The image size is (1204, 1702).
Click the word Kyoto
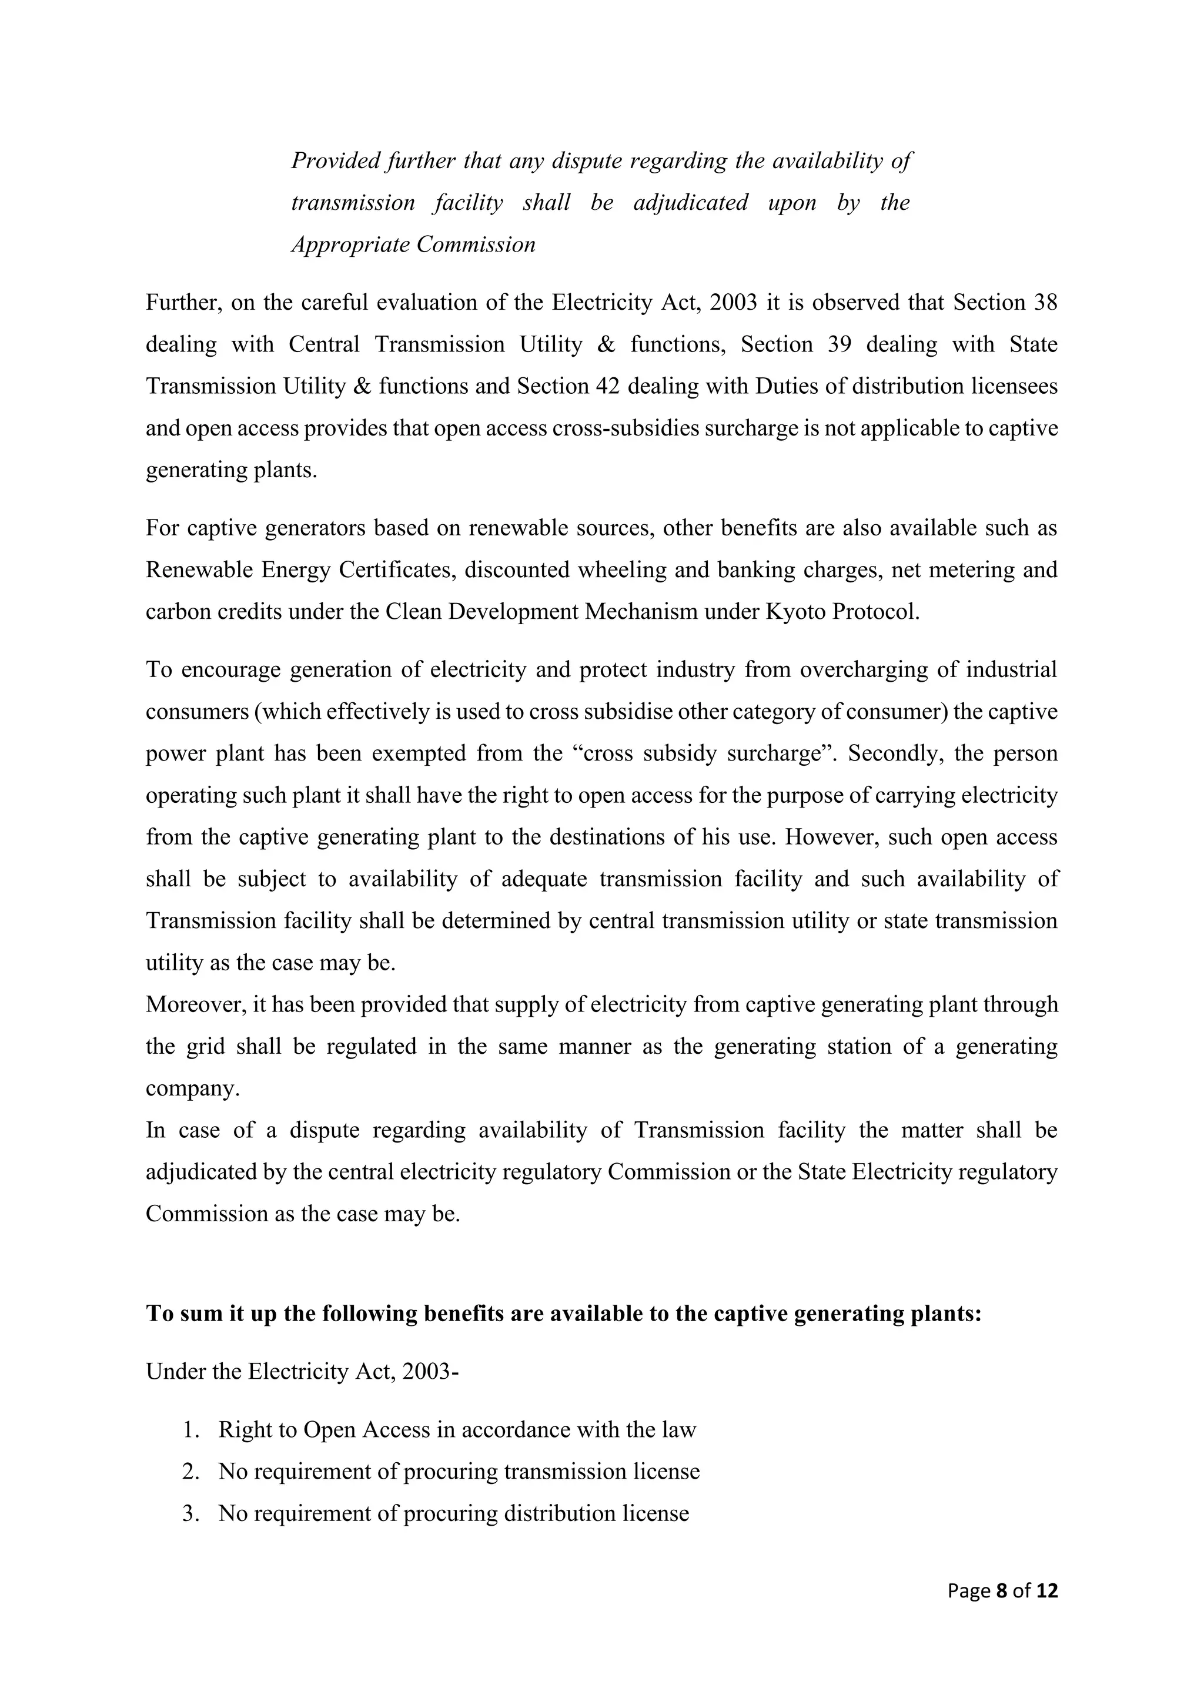[x=801, y=612]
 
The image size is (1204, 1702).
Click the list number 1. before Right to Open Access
[x=190, y=1429]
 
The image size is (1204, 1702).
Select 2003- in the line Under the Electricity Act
[x=430, y=1371]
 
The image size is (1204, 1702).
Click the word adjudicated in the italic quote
[x=690, y=202]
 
